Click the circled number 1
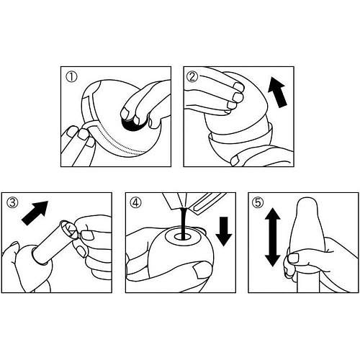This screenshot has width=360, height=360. pyautogui.click(x=71, y=78)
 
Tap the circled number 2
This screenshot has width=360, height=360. pyautogui.click(x=194, y=77)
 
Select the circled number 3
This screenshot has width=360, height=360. pyautogui.click(x=12, y=203)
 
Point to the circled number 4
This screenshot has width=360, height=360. pyautogui.click(x=135, y=203)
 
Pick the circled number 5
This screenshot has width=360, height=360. pyautogui.click(x=258, y=203)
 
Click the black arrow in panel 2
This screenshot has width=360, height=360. pyautogui.click(x=277, y=92)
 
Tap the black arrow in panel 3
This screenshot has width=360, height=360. pyautogui.click(x=35, y=213)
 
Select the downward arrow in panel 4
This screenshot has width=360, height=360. pyautogui.click(x=224, y=231)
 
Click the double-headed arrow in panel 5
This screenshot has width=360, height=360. pyautogui.click(x=272, y=237)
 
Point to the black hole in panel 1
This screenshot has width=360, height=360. pyautogui.click(x=132, y=125)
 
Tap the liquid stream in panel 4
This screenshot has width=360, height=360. pyautogui.click(x=184, y=222)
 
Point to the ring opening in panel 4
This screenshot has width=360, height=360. pyautogui.click(x=183, y=237)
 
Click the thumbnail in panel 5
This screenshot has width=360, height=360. pyautogui.click(x=293, y=258)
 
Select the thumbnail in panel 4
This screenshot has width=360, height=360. pyautogui.click(x=201, y=269)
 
